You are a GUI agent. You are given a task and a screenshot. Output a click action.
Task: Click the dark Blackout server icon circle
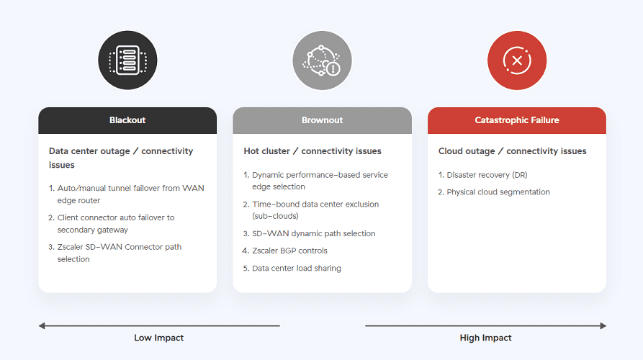[x=127, y=60]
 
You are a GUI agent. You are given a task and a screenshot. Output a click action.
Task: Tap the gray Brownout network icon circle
[x=322, y=60]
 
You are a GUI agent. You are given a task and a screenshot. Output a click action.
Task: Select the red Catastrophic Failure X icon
[x=517, y=60]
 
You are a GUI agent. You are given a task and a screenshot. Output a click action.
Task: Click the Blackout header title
[x=127, y=120]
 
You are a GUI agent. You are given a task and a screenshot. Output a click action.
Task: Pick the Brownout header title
[x=322, y=120]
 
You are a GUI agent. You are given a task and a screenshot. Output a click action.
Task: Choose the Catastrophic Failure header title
[x=517, y=120]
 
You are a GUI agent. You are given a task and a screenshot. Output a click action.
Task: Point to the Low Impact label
[x=158, y=338]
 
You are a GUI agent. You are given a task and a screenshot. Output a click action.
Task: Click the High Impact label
[x=485, y=338]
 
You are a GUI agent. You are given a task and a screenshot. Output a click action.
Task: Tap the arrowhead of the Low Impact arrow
[x=42, y=326]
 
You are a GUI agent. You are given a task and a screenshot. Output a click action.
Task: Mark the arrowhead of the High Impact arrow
[x=603, y=326]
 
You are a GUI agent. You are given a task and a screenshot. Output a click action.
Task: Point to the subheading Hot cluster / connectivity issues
[x=312, y=151]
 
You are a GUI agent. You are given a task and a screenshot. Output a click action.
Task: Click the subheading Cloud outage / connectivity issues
[x=512, y=151]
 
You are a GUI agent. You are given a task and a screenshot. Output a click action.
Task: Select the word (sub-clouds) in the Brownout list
[x=275, y=216]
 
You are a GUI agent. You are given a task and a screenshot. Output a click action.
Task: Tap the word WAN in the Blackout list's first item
[x=193, y=188]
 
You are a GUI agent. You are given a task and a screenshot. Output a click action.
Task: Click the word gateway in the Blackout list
[x=112, y=230]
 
